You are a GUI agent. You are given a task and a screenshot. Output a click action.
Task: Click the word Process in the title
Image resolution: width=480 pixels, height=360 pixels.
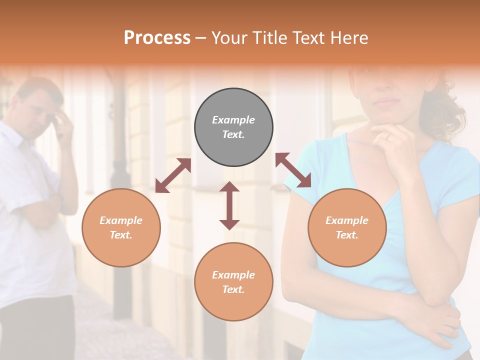(x=157, y=38)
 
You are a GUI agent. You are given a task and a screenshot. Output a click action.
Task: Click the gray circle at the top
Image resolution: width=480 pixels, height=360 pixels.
(x=233, y=127)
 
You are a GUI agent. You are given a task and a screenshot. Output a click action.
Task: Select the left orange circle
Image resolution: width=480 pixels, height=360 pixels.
(x=121, y=227)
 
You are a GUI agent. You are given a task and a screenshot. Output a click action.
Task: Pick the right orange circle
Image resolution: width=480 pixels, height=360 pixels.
(x=347, y=227)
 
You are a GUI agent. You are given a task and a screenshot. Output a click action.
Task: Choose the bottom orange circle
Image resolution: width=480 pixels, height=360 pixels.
(x=233, y=282)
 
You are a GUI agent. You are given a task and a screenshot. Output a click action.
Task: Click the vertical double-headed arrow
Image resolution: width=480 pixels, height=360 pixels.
(x=229, y=205)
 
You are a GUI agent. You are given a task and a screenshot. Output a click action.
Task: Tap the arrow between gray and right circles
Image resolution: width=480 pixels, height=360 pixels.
(x=293, y=170)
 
